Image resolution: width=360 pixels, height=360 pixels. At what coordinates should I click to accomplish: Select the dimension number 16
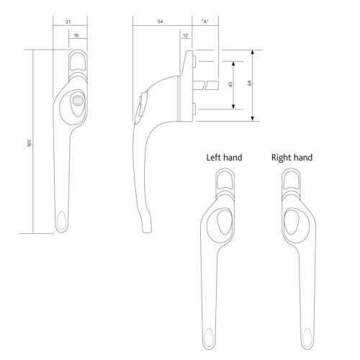[76, 35]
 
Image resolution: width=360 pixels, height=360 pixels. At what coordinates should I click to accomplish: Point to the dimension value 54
[159, 22]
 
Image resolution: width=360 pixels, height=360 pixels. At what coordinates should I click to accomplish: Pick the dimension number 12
[186, 35]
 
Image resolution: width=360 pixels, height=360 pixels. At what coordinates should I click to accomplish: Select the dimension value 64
[249, 84]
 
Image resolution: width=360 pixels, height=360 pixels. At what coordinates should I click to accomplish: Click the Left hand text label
[224, 157]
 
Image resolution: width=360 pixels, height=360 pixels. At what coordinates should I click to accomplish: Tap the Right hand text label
[292, 157]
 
